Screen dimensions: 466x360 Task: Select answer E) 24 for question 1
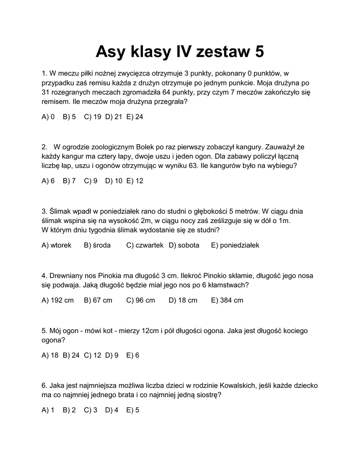(x=135, y=117)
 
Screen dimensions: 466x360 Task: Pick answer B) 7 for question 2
(x=69, y=181)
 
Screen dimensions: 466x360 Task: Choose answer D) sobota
(x=184, y=245)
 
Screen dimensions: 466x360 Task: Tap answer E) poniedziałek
(x=235, y=245)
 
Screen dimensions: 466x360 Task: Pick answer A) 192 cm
(x=57, y=300)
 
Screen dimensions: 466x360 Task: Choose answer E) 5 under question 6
(x=132, y=410)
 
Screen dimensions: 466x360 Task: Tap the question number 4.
(x=44, y=275)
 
